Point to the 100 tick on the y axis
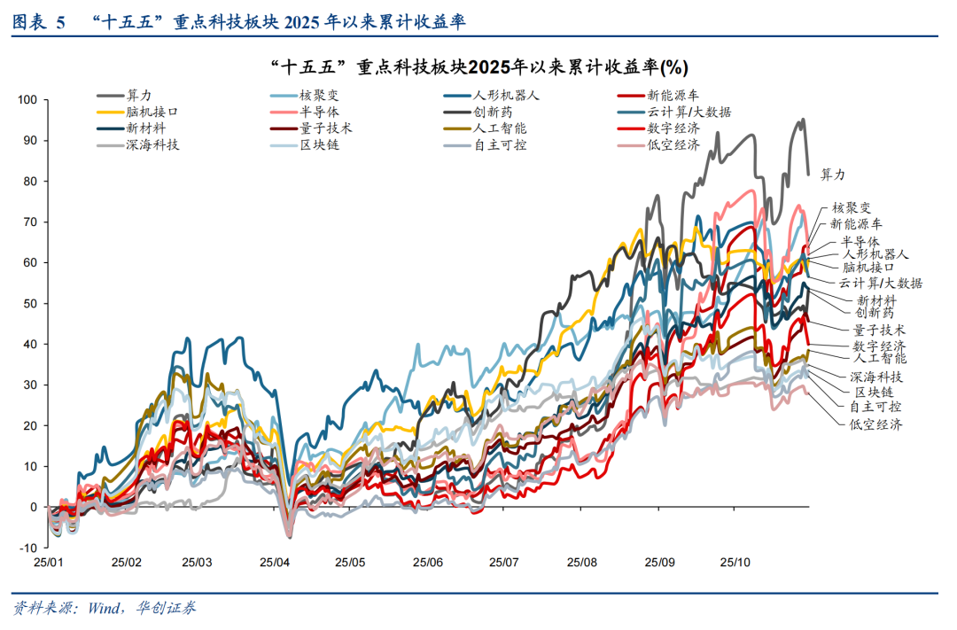(27, 100)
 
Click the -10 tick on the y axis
(27, 548)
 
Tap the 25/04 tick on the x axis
(275, 563)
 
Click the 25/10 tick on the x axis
(735, 563)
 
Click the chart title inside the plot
(478, 67)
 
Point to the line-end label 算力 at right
(834, 175)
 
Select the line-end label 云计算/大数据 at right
(881, 283)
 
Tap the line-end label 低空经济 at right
(875, 424)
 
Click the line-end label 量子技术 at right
(874, 329)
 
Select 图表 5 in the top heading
(39, 22)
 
